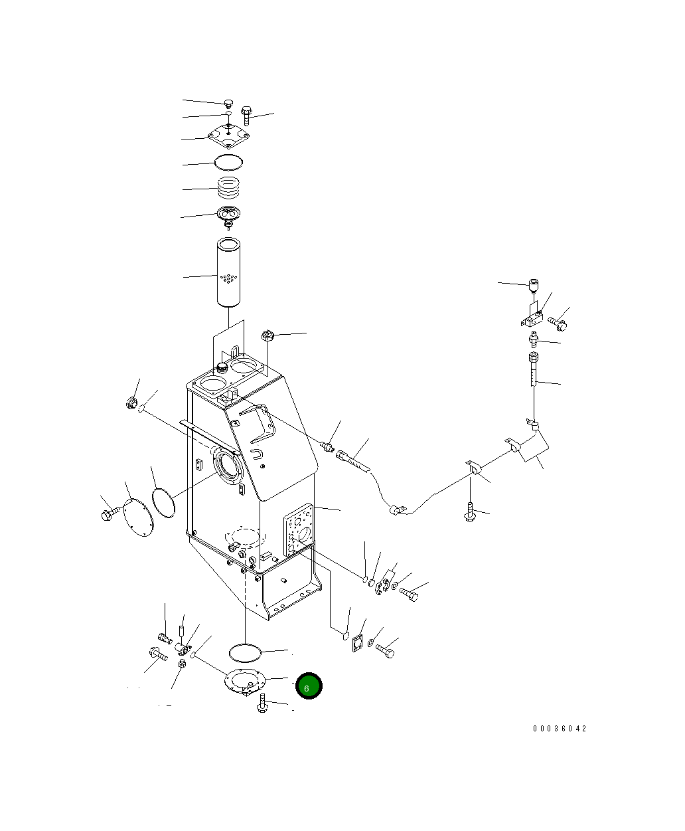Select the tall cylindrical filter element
(228, 272)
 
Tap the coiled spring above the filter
(228, 187)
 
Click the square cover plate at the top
(228, 135)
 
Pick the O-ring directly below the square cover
(228, 162)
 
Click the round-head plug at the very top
(228, 104)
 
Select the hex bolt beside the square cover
(247, 116)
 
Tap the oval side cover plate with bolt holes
(138, 517)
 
